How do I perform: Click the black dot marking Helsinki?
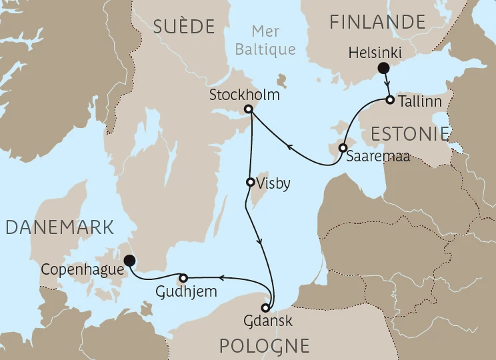[383, 67]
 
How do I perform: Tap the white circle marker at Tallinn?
[390, 101]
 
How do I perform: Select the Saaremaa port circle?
[343, 148]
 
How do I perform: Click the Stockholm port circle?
[248, 109]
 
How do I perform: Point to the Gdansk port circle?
[266, 308]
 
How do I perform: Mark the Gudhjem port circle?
[183, 277]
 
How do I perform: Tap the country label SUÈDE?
[184, 27]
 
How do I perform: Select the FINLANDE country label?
[377, 22]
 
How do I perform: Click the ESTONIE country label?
[409, 133]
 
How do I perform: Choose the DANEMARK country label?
[59, 227]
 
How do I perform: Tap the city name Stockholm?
[244, 95]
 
